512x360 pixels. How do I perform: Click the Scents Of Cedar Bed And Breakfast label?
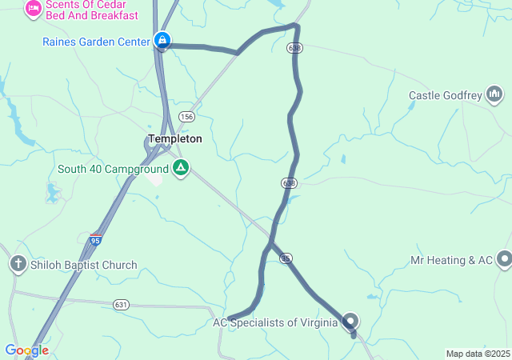coord(91,10)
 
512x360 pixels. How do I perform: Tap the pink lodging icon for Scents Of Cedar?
coord(34,8)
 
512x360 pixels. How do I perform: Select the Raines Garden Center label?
coord(96,41)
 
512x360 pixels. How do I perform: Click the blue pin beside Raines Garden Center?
coord(162,39)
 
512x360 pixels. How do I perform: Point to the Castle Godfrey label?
coord(445,96)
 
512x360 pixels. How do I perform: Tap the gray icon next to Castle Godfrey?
coord(495,96)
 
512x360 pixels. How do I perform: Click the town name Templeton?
coord(175,138)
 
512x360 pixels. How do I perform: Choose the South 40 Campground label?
coord(113,169)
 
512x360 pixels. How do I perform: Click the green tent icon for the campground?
coord(181,168)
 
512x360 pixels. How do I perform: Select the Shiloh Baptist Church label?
coord(84,265)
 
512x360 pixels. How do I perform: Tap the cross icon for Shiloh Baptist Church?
coord(18,264)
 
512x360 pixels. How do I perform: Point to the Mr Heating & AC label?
coord(452,260)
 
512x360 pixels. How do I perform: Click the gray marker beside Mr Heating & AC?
coord(504,259)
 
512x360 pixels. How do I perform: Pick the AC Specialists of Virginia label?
coord(276,322)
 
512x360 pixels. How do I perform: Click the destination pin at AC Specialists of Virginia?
coord(350,322)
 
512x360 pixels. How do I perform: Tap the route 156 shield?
coord(186,117)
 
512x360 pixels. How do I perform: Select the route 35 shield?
coord(286,258)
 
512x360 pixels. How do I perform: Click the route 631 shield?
coord(121,304)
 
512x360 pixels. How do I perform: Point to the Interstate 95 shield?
coord(95,239)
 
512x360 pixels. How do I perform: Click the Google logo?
coord(26,350)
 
